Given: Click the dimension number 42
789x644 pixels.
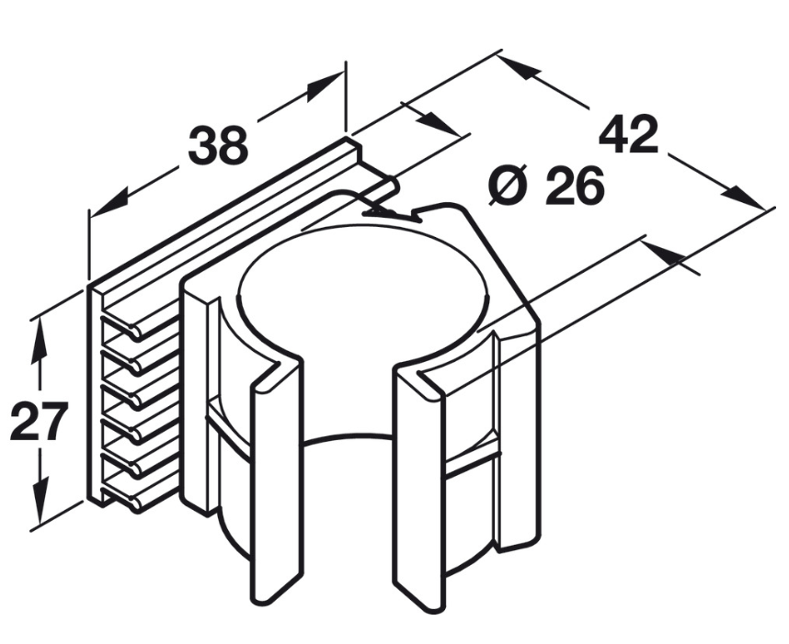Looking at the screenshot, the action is (628, 134).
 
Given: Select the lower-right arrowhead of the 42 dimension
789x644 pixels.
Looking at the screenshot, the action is (745, 198).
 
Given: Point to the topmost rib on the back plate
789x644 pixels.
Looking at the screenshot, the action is (140, 321).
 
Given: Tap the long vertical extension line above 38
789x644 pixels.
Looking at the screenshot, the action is (346, 98).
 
